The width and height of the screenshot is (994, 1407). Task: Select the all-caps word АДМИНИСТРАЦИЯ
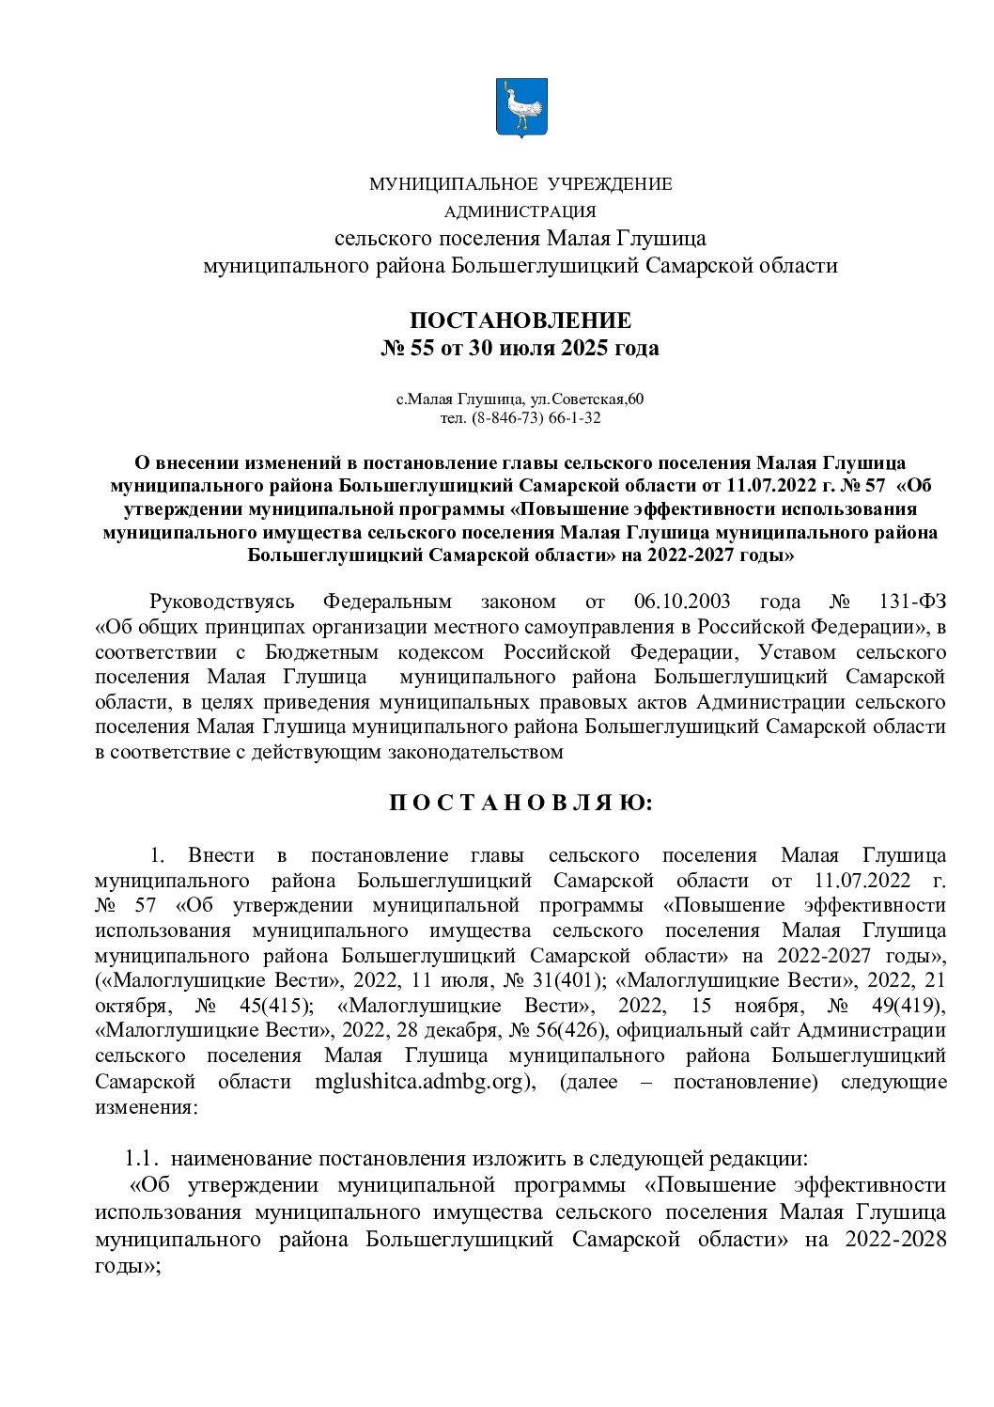[x=520, y=211]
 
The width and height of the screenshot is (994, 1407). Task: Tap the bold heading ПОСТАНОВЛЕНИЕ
[x=520, y=320]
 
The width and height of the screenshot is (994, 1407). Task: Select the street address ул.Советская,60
[x=583, y=399]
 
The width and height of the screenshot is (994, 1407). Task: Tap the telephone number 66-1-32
[x=576, y=417]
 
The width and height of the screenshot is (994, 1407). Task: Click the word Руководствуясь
[x=223, y=602]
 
